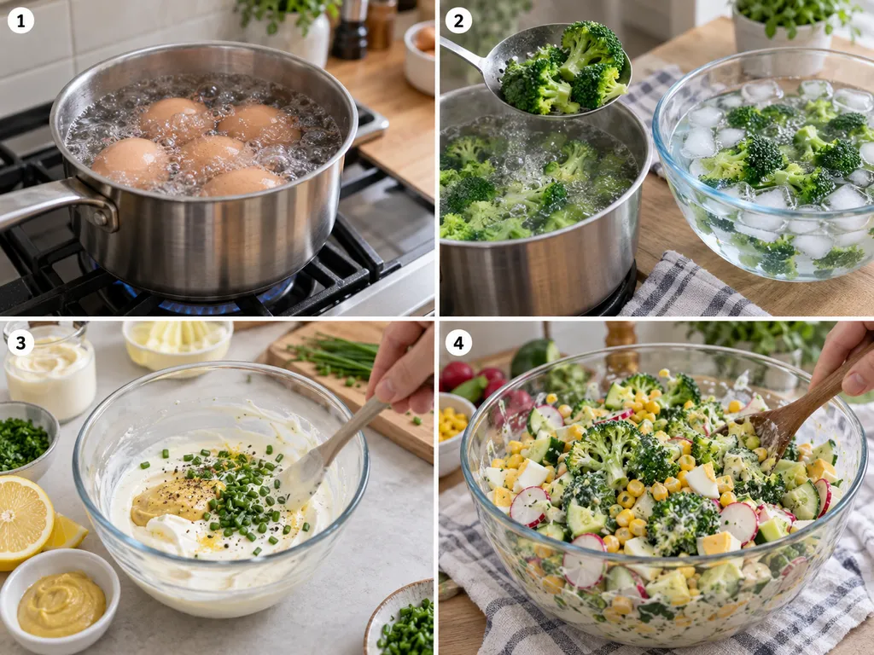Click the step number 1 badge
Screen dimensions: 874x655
20,21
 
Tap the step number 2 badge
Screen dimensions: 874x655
458,21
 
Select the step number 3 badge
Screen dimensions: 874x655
20,343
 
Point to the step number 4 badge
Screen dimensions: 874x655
458,343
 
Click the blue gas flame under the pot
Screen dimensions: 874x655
212,301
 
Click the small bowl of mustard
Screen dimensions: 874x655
60,601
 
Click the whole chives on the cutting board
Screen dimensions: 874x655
335,356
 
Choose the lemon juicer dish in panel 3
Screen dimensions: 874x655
178,344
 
